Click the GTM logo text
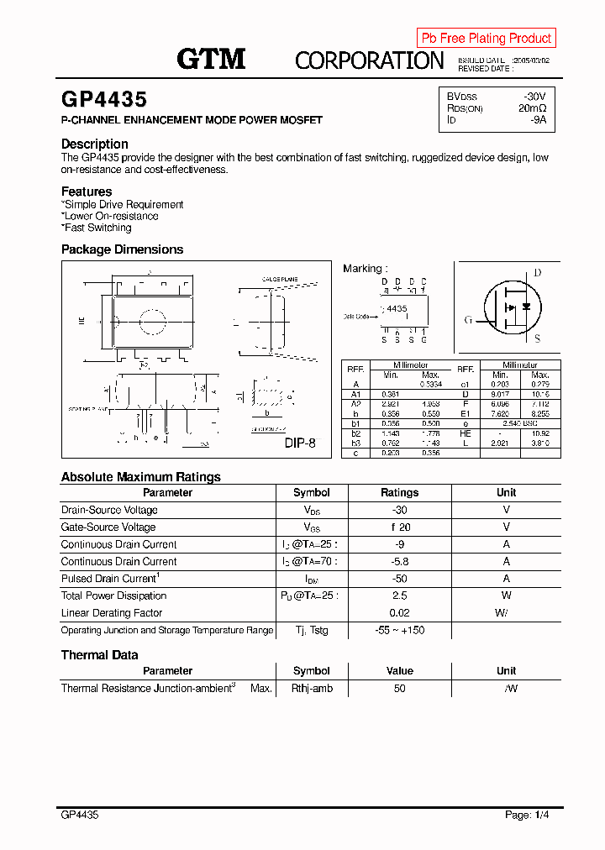tap(210, 59)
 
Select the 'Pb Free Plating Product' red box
tap(486, 38)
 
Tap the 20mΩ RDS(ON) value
tap(532, 108)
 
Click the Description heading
tap(95, 144)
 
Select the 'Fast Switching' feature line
tap(97, 228)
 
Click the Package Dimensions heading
tap(122, 249)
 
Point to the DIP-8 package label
tap(300, 443)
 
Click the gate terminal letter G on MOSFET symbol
tap(468, 320)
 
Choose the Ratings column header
tap(399, 493)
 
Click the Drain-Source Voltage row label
tap(109, 510)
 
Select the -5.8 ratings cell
tap(399, 561)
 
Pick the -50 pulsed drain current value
tap(399, 579)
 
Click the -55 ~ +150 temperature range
tap(399, 630)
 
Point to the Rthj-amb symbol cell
tap(312, 688)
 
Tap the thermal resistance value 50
tap(399, 688)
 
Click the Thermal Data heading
tap(100, 655)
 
